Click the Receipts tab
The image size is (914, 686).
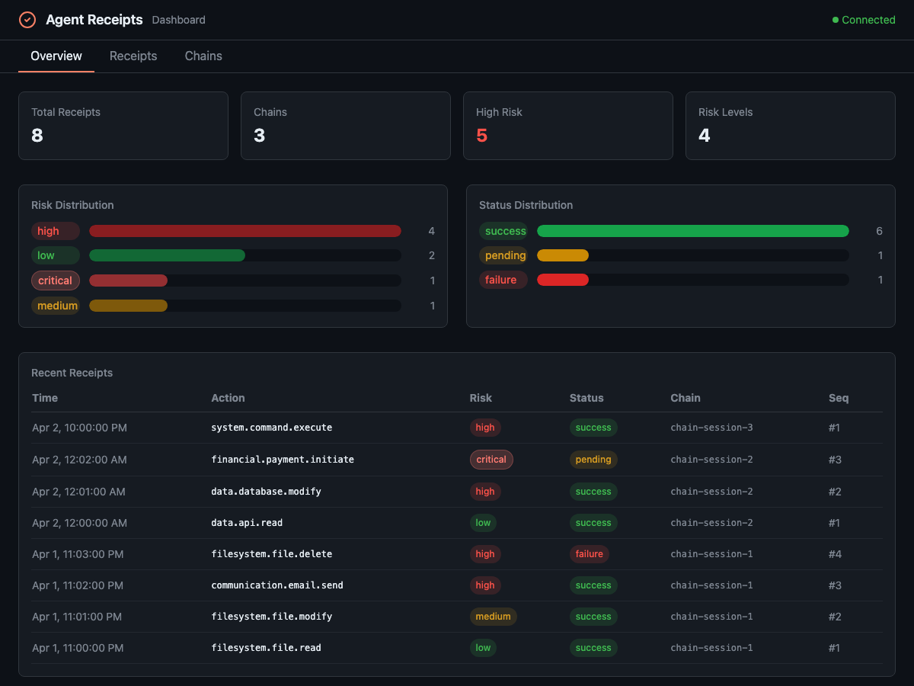point(133,56)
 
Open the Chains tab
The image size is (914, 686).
point(203,56)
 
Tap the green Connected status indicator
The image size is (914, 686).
point(864,20)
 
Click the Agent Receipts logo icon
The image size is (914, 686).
point(27,20)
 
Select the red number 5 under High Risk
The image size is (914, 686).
point(481,136)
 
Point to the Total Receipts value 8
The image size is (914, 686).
point(37,136)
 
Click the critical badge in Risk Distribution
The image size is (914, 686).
point(56,280)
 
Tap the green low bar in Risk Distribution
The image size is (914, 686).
point(167,255)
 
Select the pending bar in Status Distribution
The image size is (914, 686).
point(563,255)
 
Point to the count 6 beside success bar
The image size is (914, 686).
point(879,231)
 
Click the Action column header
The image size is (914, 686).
point(228,398)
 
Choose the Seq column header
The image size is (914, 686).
point(838,398)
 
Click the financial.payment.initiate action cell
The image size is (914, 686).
point(282,460)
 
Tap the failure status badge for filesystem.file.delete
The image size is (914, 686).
point(589,554)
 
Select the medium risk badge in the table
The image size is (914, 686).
point(493,617)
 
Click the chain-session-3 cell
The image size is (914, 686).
point(711,428)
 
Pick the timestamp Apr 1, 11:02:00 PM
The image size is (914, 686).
point(78,585)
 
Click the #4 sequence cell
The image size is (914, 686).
point(834,554)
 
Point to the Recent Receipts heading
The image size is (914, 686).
point(72,373)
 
